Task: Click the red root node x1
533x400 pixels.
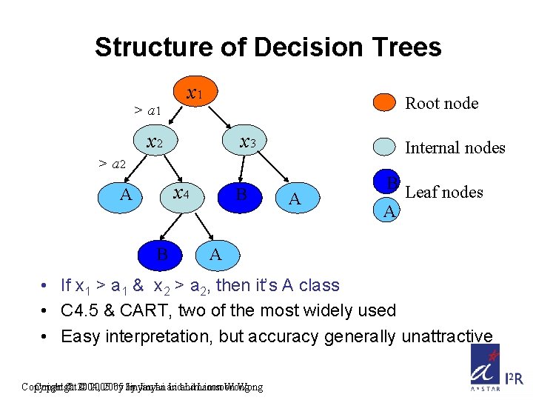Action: click(x=195, y=94)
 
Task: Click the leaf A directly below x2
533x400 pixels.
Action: click(x=126, y=195)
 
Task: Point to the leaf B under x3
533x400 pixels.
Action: click(x=241, y=195)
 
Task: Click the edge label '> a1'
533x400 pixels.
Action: click(x=148, y=111)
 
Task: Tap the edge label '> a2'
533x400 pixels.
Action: click(x=113, y=163)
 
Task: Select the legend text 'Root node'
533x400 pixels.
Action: click(x=441, y=104)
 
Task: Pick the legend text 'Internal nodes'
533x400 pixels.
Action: click(x=455, y=148)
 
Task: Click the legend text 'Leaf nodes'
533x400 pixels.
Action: click(x=444, y=193)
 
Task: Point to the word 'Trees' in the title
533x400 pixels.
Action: click(x=404, y=47)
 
